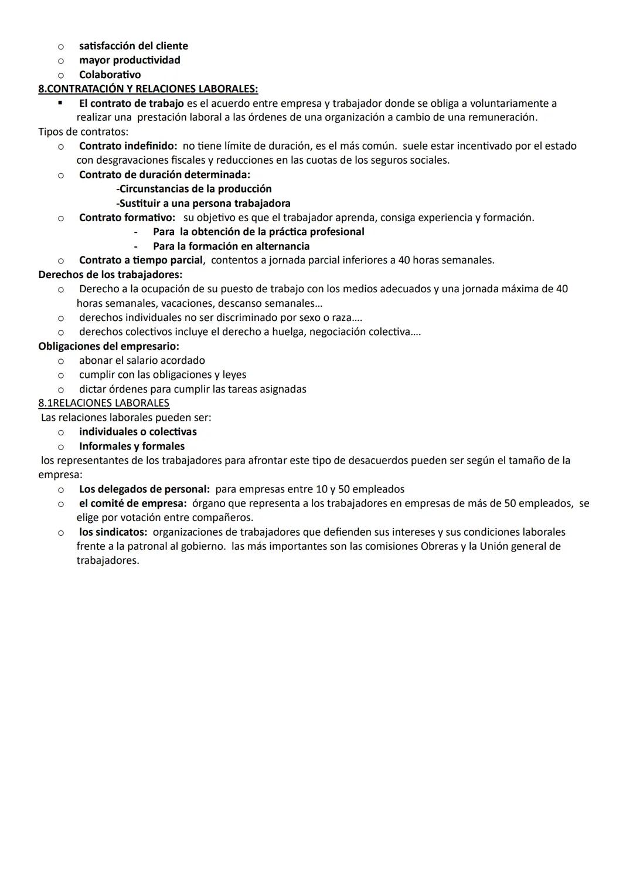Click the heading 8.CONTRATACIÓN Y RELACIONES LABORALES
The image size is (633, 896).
point(148,89)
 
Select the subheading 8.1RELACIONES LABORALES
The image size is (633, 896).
point(104,403)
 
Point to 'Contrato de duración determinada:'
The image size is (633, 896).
point(165,175)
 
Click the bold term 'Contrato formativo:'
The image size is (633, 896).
point(127,218)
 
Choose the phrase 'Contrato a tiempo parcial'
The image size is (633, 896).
point(141,260)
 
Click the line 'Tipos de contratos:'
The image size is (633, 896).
point(83,131)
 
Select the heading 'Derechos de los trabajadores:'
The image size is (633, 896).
point(110,275)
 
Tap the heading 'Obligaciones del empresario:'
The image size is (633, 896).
point(108,346)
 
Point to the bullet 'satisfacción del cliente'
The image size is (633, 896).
point(134,46)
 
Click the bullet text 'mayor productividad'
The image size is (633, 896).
point(130,60)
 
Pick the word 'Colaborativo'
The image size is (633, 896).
point(110,75)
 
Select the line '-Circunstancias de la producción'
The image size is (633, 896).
point(194,189)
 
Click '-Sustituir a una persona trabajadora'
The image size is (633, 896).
point(203,204)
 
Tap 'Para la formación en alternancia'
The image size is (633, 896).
point(231,246)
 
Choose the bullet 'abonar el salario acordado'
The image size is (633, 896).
point(142,360)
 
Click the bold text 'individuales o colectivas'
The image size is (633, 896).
point(138,432)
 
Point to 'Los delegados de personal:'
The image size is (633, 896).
point(144,489)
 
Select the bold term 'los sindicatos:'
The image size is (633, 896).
point(113,532)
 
